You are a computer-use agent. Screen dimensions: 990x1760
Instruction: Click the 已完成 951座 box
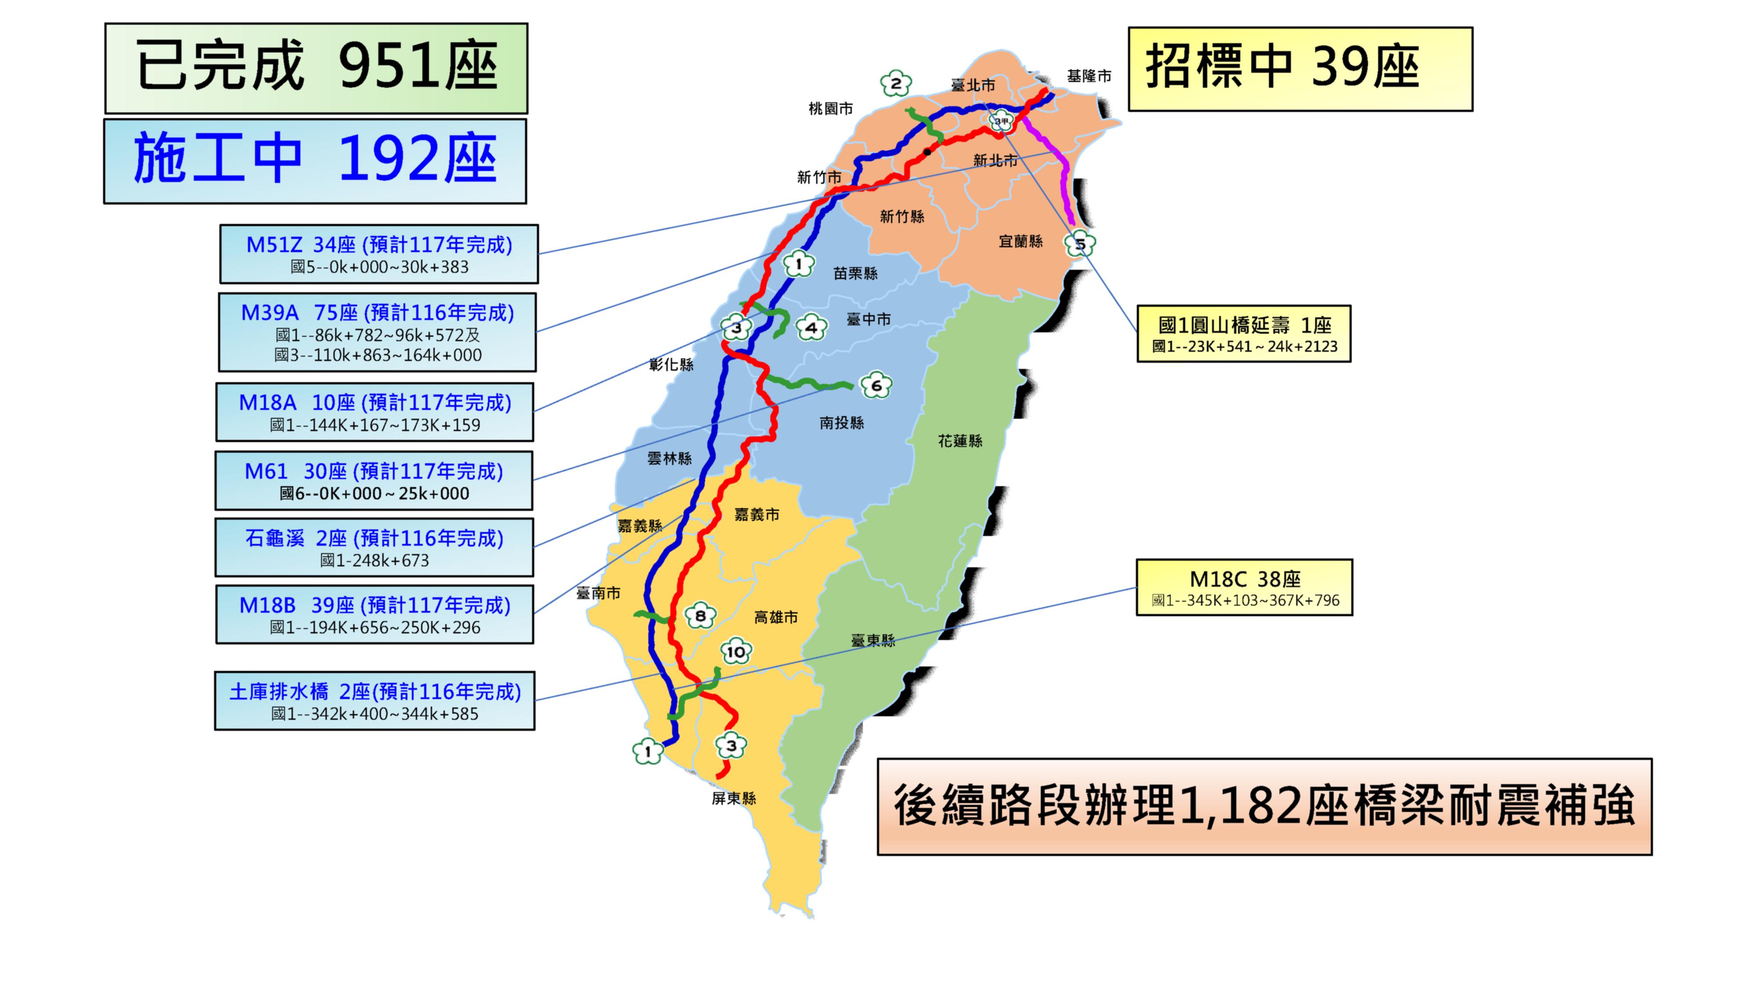(x=316, y=68)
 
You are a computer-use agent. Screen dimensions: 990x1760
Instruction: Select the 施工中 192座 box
(x=315, y=161)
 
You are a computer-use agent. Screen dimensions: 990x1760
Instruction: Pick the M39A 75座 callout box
(x=377, y=332)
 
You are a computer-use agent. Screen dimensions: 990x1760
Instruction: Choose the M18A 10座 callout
(x=374, y=412)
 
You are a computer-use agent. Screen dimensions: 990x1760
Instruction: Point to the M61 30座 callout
(x=374, y=480)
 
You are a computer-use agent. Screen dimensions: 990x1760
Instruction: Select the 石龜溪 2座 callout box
(x=374, y=547)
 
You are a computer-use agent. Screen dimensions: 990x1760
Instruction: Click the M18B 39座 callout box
(x=374, y=614)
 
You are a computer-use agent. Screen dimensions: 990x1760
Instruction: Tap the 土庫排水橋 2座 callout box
(x=374, y=701)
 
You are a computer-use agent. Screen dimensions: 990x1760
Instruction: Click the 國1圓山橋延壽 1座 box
(x=1243, y=334)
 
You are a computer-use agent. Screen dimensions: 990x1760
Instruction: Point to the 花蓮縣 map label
(x=960, y=441)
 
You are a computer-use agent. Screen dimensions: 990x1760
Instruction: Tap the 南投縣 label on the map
(x=842, y=423)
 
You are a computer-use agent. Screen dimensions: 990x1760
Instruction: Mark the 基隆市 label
(x=1089, y=76)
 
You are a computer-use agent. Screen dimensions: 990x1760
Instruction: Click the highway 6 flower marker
(x=876, y=386)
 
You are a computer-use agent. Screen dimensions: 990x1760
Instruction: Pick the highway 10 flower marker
(x=736, y=651)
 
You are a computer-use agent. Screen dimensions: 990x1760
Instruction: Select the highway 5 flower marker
(x=1080, y=243)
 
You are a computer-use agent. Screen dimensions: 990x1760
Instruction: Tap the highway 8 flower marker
(x=700, y=616)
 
